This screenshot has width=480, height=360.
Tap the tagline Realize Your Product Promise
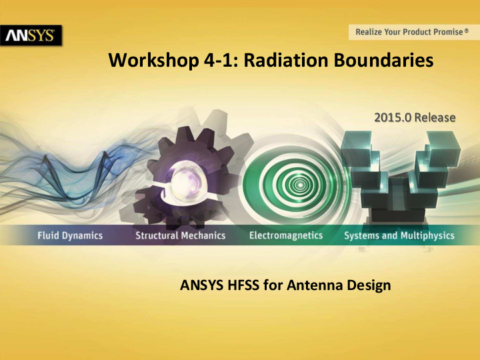[x=407, y=31]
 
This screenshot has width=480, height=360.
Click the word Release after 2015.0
[x=435, y=117]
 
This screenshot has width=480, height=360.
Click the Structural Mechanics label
[x=180, y=235]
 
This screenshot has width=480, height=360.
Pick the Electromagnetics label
[x=285, y=235]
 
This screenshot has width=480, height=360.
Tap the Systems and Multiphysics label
[x=399, y=235]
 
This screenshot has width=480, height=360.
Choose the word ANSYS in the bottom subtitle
[x=199, y=286]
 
